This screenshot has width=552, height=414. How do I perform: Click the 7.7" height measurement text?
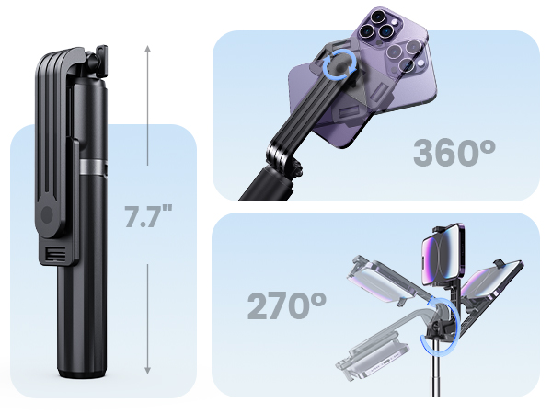[x=148, y=217]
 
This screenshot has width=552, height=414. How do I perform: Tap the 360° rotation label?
[x=461, y=153]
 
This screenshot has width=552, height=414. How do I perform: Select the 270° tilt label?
[x=286, y=305]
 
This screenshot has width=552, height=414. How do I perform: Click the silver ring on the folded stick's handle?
[x=90, y=167]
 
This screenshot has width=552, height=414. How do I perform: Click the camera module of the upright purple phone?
[x=381, y=29]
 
